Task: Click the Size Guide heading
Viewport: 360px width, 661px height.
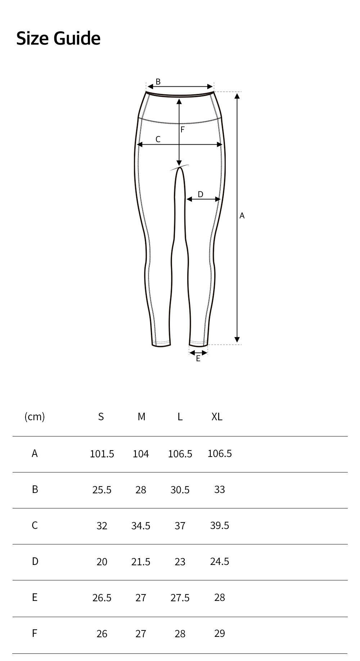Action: [x=58, y=38]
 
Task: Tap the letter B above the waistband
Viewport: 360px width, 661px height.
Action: [x=158, y=82]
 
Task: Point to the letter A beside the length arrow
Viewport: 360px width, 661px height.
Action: [x=242, y=216]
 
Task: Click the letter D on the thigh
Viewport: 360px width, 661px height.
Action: [x=201, y=194]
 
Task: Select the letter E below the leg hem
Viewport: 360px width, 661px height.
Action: [x=198, y=358]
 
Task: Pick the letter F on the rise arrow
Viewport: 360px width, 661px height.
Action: [x=183, y=130]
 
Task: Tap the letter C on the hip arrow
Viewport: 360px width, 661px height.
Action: [x=158, y=139]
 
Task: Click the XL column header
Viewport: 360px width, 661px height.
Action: [x=217, y=417]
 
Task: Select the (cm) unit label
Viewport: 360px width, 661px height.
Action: [x=35, y=417]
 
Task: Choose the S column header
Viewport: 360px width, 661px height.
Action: [x=101, y=417]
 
